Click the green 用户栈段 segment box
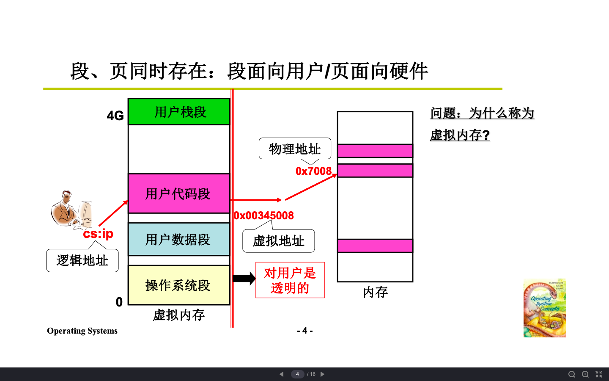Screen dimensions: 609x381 [179, 112]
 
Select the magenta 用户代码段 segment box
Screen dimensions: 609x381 [179, 193]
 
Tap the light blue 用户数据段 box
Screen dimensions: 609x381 [179, 239]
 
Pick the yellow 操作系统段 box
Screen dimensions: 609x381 [179, 285]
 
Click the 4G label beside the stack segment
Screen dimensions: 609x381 [115, 116]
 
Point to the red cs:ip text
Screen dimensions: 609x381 [98, 234]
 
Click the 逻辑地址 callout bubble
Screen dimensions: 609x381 [82, 260]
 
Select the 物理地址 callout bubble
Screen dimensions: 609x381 [295, 149]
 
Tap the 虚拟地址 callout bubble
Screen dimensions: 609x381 [278, 241]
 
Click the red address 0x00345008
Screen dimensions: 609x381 [264, 215]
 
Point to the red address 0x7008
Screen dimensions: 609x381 [313, 171]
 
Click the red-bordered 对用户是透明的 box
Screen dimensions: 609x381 [290, 280]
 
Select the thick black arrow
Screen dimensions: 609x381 [244, 278]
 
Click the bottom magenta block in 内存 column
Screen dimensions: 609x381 [375, 246]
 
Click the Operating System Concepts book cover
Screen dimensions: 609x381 [545, 308]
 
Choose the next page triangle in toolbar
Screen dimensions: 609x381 [322, 374]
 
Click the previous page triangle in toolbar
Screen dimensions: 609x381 [282, 374]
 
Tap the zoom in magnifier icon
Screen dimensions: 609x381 [585, 374]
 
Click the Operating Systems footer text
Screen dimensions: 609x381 [82, 331]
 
